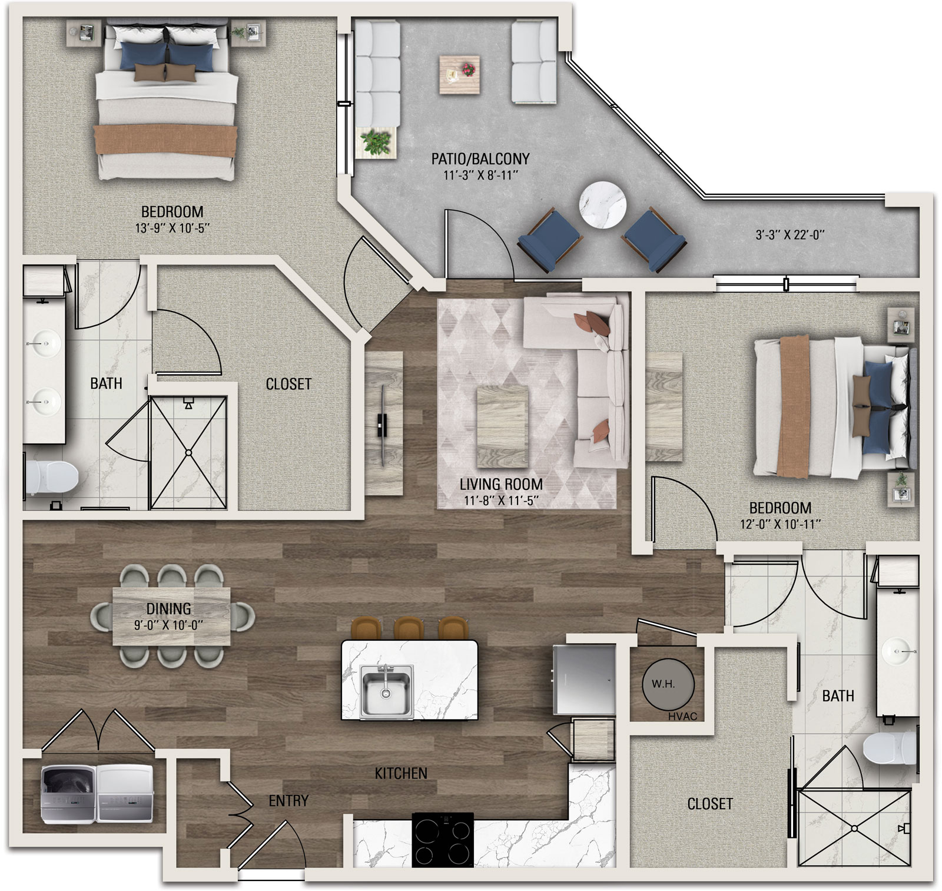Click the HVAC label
[x=683, y=716]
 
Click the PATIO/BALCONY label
[x=480, y=158]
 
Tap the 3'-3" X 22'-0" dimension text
[x=790, y=235]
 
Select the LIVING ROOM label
[x=501, y=484]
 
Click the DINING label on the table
[x=169, y=608]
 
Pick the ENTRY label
[x=288, y=801]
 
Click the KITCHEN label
[x=401, y=773]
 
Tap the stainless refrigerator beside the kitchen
[x=584, y=678]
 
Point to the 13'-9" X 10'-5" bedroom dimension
[x=173, y=228]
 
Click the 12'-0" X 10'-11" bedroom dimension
[x=781, y=524]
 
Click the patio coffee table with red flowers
[x=459, y=74]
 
